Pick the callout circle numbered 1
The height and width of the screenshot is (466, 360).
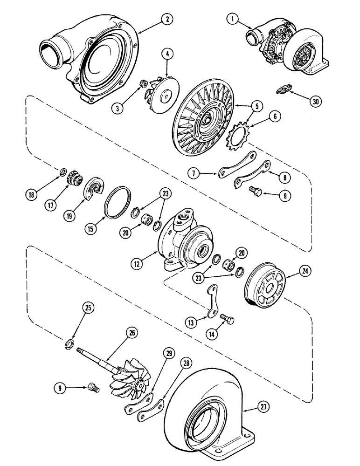233,19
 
